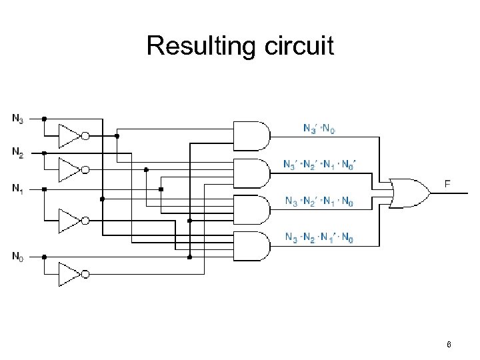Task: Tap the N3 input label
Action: [17, 119]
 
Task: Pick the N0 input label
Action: [17, 255]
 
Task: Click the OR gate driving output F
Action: [408, 192]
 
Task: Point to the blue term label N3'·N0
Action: [319, 128]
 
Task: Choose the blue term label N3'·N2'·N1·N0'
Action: [319, 164]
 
